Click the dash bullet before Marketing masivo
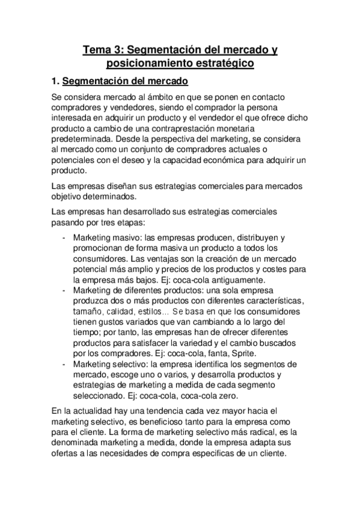point(65,238)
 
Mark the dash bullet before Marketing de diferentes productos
point(65,290)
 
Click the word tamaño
point(89,312)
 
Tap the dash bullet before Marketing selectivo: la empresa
point(65,364)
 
